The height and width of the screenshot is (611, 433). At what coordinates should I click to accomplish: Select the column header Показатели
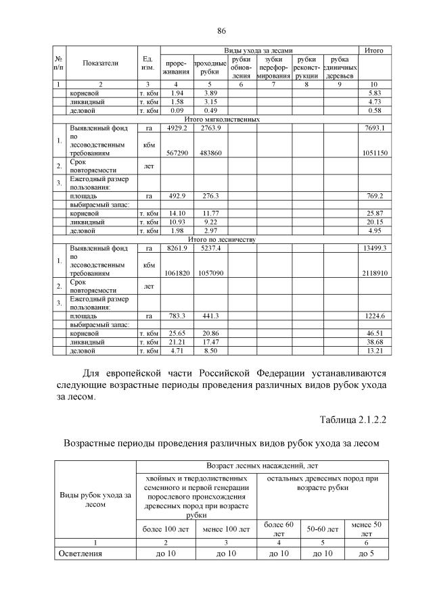click(x=100, y=63)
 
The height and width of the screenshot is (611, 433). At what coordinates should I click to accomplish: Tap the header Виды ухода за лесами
click(x=258, y=51)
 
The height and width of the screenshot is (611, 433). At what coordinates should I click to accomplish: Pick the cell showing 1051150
click(x=373, y=153)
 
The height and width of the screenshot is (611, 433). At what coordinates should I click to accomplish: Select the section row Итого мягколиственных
click(x=221, y=119)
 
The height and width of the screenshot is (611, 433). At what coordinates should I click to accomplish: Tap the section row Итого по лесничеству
click(x=221, y=239)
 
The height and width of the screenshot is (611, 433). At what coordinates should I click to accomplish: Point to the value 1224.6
click(x=373, y=316)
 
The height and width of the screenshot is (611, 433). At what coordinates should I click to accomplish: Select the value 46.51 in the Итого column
click(x=373, y=333)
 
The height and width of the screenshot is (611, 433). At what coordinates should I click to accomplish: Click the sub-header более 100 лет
click(x=166, y=528)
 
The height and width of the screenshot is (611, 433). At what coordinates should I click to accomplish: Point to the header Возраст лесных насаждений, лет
click(x=263, y=467)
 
